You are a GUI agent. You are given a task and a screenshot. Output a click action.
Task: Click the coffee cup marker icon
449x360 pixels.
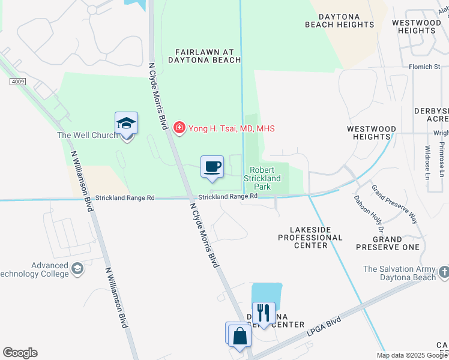click(212, 167)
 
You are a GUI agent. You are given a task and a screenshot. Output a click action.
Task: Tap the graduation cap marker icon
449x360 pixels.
click(126, 124)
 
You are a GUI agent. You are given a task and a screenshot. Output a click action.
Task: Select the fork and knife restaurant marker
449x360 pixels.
click(264, 313)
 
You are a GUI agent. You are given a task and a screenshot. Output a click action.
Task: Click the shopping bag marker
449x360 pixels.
click(240, 336)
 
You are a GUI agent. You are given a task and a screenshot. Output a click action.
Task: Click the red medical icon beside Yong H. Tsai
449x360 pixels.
click(178, 127)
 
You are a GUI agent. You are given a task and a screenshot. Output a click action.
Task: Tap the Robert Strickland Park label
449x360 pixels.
click(262, 178)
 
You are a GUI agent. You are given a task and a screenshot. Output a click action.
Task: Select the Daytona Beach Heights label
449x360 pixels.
click(339, 20)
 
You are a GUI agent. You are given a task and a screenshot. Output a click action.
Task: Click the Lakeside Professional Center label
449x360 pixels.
click(310, 237)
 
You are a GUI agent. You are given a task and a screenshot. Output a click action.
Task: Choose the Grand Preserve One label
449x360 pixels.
click(387, 242)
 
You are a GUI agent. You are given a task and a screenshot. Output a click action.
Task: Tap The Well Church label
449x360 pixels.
click(87, 136)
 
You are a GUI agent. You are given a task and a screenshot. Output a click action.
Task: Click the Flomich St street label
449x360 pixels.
click(425, 67)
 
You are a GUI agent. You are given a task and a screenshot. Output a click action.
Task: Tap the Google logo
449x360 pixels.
click(20, 353)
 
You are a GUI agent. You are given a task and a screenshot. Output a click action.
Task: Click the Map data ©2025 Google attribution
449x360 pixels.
click(412, 355)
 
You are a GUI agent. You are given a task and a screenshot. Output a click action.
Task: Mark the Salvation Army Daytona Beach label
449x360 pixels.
click(400, 274)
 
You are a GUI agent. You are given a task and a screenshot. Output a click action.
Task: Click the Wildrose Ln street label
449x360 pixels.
click(427, 162)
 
